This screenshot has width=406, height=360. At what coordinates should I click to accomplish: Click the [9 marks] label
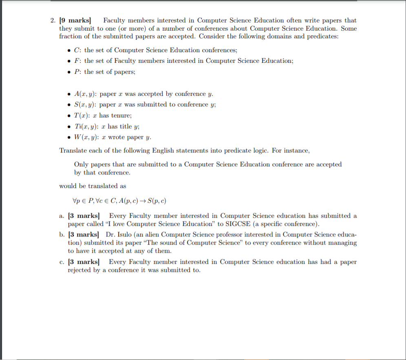tap(76, 20)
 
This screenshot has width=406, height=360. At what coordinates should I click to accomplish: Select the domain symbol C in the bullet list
tap(76, 50)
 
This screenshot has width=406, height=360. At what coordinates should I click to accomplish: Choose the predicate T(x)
tap(81, 115)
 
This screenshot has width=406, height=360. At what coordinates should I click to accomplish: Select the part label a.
tap(62, 216)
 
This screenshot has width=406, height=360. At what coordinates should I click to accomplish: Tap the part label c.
tap(61, 262)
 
